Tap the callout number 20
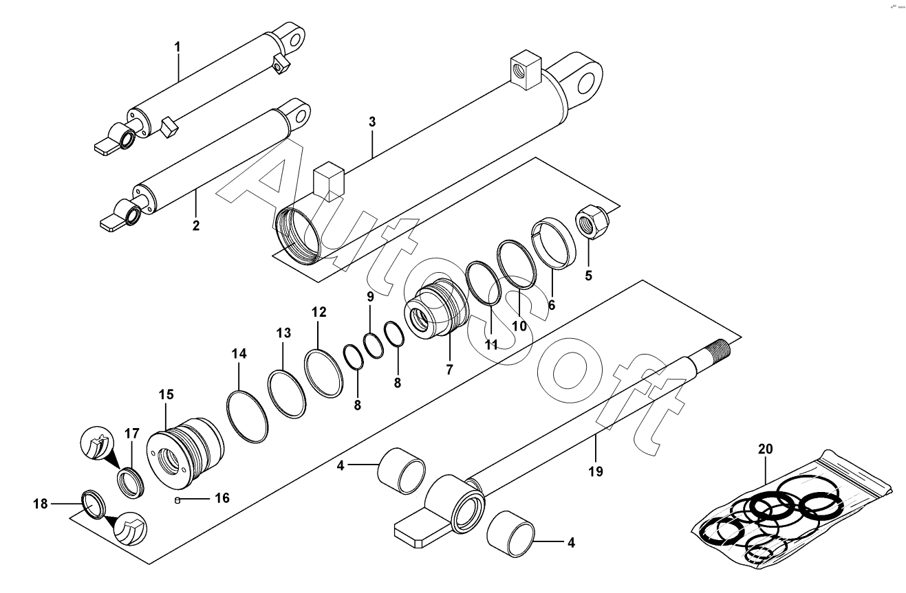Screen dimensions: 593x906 click(766, 449)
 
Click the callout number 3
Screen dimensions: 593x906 click(372, 122)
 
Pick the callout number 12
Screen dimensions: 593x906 click(319, 312)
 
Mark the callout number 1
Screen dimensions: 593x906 click(177, 47)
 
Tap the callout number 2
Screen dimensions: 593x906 click(196, 225)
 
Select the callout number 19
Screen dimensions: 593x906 click(596, 471)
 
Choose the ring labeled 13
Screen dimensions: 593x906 click(287, 393)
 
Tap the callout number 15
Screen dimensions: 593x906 click(166, 394)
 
